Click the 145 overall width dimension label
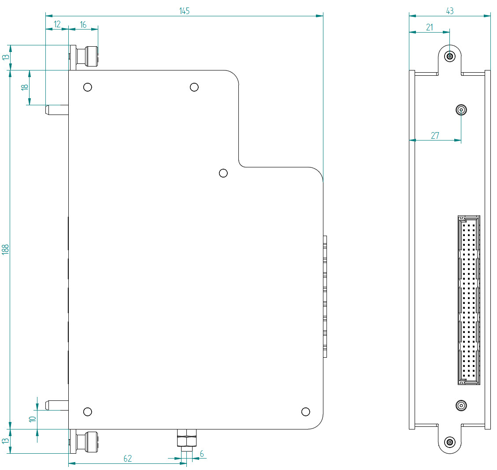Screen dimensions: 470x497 click(185, 11)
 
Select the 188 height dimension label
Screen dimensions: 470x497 click(5, 250)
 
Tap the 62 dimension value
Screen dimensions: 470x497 click(127, 459)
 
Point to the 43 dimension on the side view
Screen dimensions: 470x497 click(449, 11)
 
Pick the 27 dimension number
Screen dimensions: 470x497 click(435, 136)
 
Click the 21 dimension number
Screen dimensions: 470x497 click(429, 27)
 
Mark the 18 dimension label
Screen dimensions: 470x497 click(25, 87)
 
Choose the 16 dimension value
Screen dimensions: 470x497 click(83, 25)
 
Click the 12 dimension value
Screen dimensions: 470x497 click(57, 25)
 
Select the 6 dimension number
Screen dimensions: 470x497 click(202, 454)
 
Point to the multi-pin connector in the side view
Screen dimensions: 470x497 click(469, 301)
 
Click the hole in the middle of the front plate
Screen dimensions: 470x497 click(223, 173)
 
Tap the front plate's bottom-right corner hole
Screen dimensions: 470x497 click(305, 412)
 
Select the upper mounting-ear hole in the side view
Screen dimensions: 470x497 click(450, 56)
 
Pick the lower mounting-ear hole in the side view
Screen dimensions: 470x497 click(450, 442)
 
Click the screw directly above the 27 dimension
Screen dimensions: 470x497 click(461, 109)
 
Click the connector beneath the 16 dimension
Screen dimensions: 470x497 click(87, 56)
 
